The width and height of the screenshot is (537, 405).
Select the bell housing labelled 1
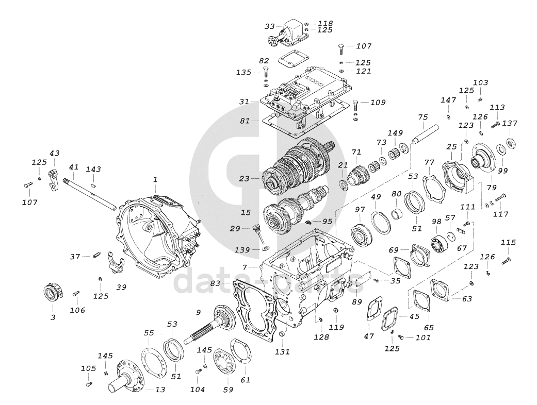pos(155,232)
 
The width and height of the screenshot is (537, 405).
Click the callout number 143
pos(93,170)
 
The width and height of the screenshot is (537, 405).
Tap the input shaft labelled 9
pos(217,325)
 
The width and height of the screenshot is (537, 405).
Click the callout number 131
pos(282,352)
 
